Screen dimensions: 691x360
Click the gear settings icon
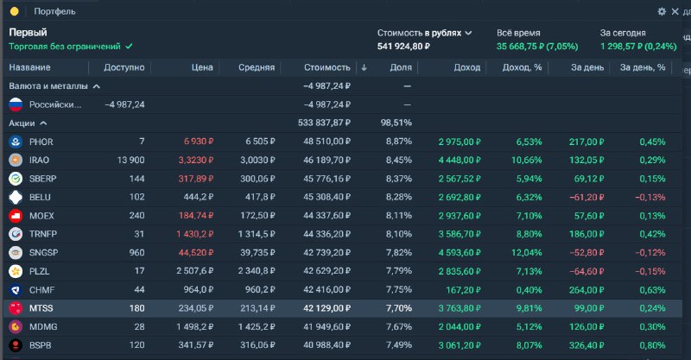(662, 11)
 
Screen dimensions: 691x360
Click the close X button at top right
(675, 11)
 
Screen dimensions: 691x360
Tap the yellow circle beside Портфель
(15, 11)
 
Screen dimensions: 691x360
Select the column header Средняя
(257, 67)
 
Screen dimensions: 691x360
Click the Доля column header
(401, 67)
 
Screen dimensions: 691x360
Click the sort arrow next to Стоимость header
(364, 67)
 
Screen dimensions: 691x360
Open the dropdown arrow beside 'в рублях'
(468, 33)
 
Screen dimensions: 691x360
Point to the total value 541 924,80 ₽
(403, 47)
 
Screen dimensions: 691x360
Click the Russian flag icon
(16, 104)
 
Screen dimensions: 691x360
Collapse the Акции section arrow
(43, 123)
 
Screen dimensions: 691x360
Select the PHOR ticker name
(41, 142)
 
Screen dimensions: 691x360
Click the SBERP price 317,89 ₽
(196, 179)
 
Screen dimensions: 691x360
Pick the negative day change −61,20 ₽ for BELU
(586, 197)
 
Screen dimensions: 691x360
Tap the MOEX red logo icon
(16, 216)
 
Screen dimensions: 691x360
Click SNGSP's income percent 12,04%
(527, 252)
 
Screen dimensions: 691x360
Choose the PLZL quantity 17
(139, 271)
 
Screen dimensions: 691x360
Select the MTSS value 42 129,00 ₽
(326, 308)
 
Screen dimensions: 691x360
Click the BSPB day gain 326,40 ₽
(586, 345)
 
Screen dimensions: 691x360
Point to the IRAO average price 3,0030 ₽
(257, 160)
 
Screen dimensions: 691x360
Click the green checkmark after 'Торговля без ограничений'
(129, 47)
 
